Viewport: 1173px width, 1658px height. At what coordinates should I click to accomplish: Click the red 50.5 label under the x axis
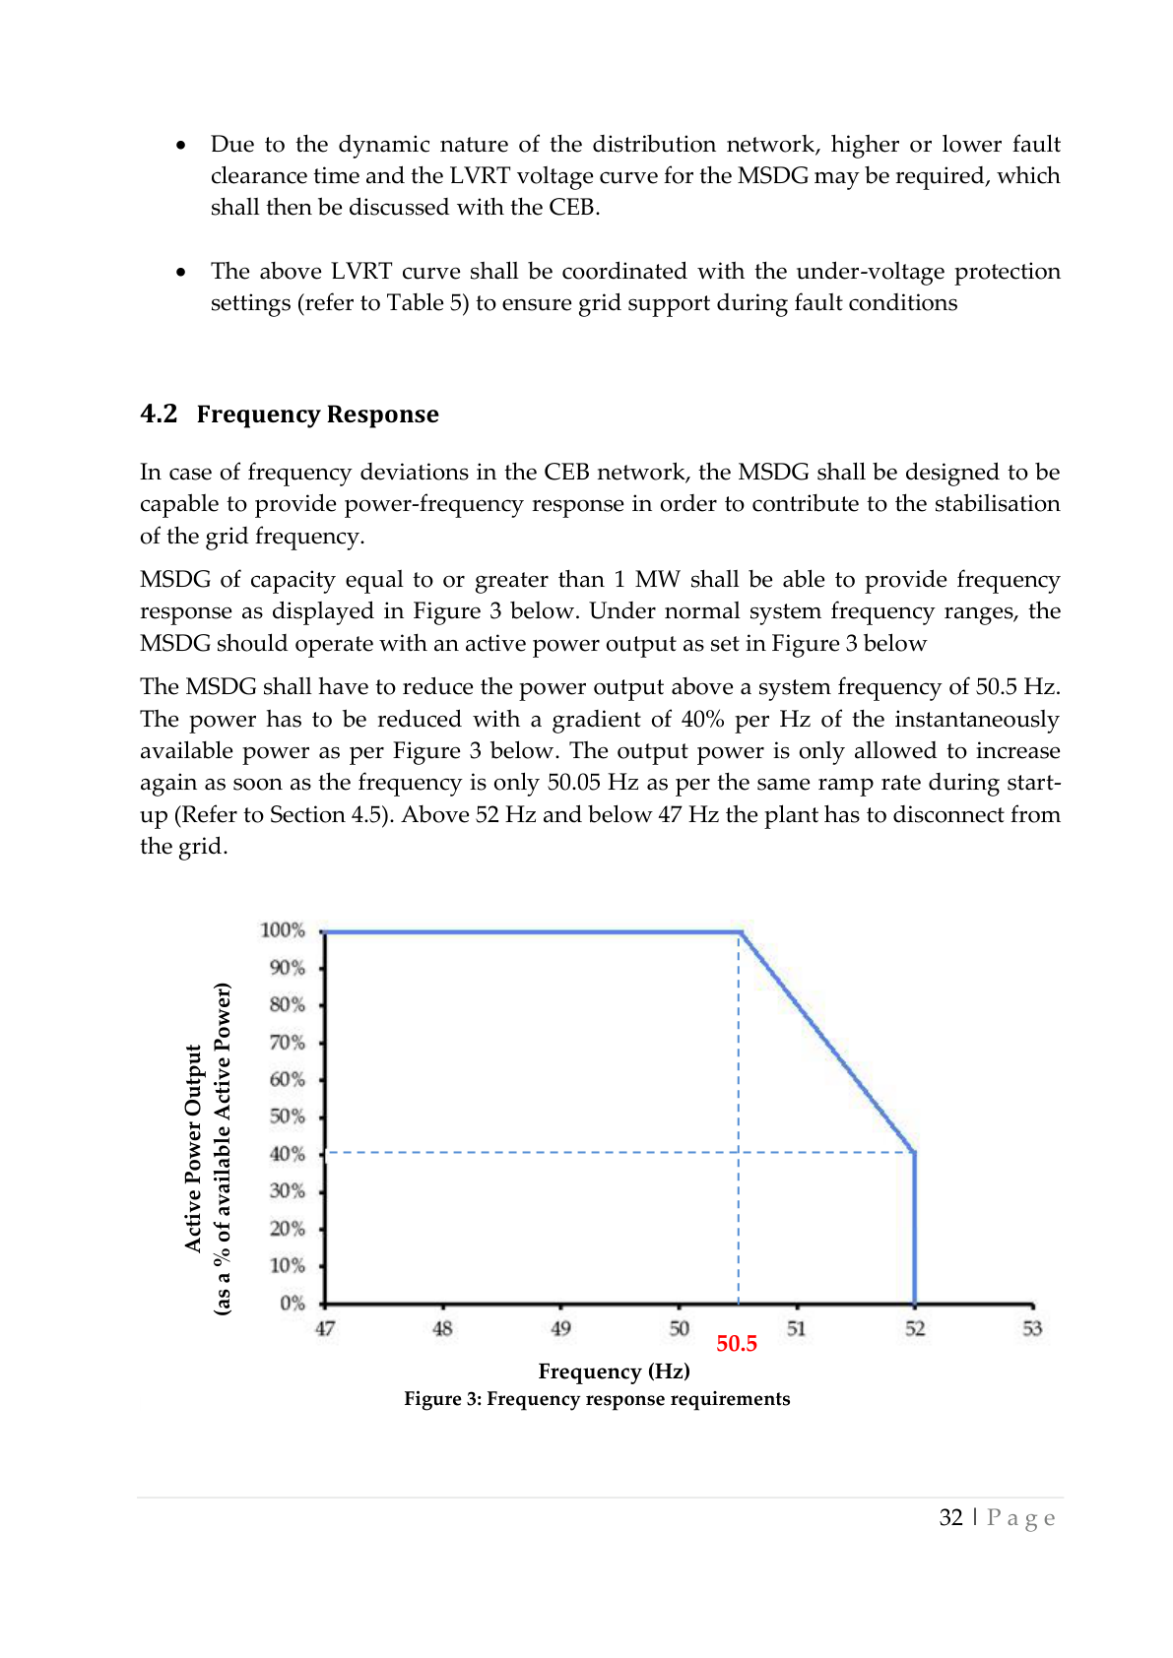[x=736, y=1344]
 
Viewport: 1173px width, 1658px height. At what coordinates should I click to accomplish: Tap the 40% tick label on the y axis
[x=287, y=1154]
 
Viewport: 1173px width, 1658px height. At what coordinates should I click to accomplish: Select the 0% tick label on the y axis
[x=293, y=1304]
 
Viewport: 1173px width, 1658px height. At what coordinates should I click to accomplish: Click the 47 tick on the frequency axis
[x=325, y=1328]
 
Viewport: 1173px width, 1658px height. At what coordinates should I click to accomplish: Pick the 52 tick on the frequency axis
[x=915, y=1328]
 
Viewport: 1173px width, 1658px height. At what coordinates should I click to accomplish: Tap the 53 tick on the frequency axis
[x=1032, y=1328]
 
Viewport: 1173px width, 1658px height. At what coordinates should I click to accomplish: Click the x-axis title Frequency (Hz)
[x=614, y=1371]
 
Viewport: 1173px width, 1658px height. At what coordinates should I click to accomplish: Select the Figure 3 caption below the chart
[x=597, y=1399]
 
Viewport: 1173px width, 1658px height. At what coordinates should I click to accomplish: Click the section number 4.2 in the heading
[x=159, y=414]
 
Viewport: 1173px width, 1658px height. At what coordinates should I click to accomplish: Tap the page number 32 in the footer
[x=950, y=1517]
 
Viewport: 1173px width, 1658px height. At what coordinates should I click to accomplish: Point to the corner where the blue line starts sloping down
[x=741, y=932]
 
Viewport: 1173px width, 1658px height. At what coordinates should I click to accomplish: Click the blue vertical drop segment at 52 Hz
[x=915, y=1231]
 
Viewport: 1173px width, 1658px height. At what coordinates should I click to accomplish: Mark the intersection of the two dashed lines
[x=739, y=1152]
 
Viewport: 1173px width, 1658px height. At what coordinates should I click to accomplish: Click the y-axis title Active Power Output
[x=193, y=1148]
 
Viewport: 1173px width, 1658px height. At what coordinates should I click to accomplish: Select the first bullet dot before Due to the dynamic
[x=180, y=146]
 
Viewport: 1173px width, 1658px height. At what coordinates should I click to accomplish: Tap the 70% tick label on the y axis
[x=287, y=1042]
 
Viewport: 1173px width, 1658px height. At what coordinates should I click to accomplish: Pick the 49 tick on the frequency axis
[x=560, y=1328]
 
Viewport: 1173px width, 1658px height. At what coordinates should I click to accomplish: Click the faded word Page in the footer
[x=1021, y=1518]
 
